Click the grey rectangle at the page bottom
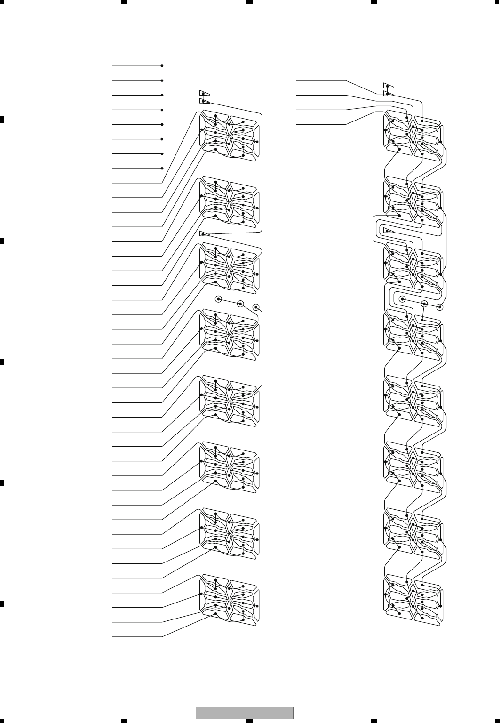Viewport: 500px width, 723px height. (x=244, y=713)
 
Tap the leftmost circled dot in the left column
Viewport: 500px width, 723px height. (x=218, y=299)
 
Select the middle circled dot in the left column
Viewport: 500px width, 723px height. (x=240, y=304)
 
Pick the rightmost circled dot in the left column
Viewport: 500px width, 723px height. (x=256, y=307)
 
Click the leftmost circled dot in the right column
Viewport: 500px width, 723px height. (x=402, y=298)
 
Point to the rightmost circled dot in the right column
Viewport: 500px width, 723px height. (x=440, y=307)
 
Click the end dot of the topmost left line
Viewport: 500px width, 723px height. (x=162, y=66)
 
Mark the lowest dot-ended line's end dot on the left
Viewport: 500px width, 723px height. (x=162, y=168)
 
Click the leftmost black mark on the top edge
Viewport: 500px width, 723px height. (x=124, y=2)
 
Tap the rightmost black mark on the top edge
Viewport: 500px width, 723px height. (x=374, y=2)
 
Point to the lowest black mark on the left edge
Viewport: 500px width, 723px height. (x=2, y=603)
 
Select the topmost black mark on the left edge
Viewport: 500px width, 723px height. (x=2, y=119)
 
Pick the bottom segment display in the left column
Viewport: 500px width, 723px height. (x=230, y=601)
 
